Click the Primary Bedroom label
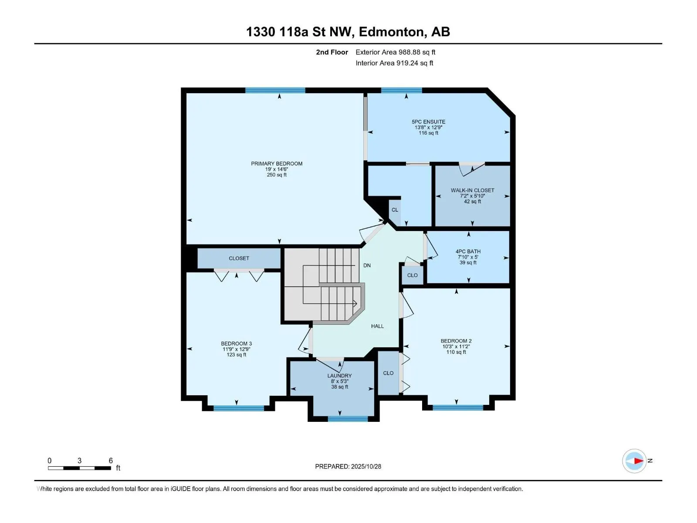(277, 163)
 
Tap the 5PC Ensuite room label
(429, 122)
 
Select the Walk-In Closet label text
(472, 190)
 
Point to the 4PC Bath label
(468, 251)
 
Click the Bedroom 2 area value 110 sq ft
(456, 352)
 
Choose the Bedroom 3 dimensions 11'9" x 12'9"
(237, 349)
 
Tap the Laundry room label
(339, 376)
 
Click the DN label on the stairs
(367, 265)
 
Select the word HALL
(377, 326)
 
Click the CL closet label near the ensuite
(395, 210)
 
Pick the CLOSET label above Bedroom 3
(239, 258)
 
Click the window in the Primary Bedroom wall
(275, 90)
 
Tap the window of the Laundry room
(348, 419)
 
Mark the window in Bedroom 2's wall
(458, 408)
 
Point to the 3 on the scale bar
(79, 461)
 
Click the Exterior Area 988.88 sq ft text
(395, 52)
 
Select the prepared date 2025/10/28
(366, 466)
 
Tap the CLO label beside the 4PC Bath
(412, 275)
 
